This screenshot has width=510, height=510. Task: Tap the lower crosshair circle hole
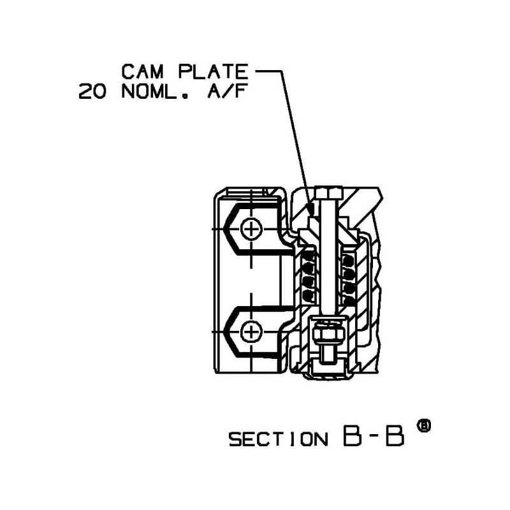[x=252, y=331]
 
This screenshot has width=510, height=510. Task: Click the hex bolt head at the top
[x=328, y=192]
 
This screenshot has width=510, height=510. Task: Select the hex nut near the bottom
[x=328, y=332]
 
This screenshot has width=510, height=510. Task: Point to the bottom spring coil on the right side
[x=348, y=295]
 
